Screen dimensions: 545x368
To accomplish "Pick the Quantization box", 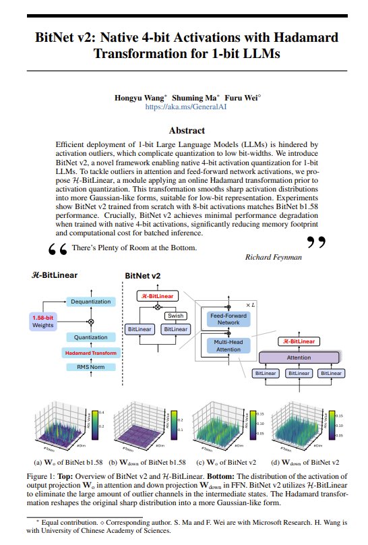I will (91, 337).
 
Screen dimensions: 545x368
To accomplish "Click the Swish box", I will (174, 315).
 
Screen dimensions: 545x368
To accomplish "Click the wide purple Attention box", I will (298, 357).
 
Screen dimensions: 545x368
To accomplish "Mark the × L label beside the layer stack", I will (249, 305).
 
